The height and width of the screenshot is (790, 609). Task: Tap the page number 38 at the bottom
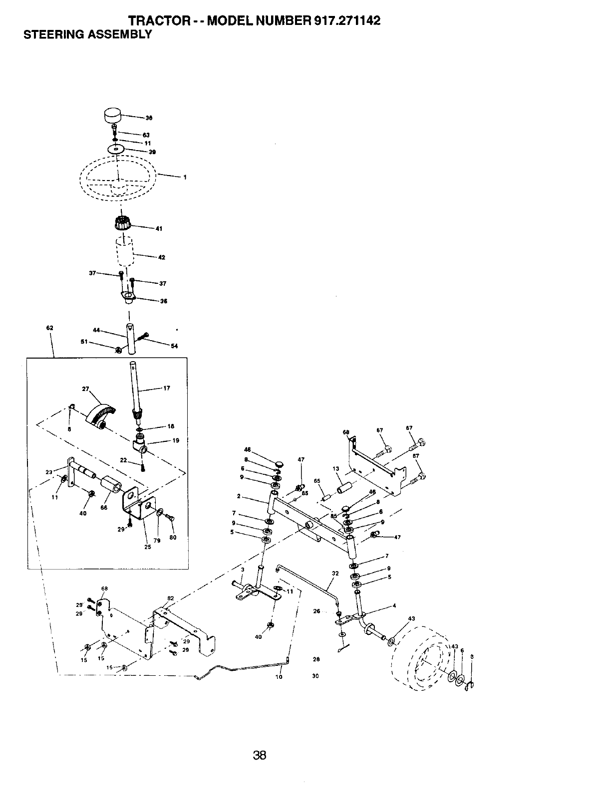point(260,756)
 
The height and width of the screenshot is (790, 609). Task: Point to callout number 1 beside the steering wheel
point(185,178)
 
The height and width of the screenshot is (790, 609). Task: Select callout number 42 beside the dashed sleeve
point(161,258)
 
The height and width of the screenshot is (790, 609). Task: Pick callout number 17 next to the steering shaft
point(166,389)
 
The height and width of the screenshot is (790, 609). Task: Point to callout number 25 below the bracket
point(148,547)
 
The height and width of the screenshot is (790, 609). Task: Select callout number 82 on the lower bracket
point(170,598)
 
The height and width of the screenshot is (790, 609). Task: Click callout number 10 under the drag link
point(279,677)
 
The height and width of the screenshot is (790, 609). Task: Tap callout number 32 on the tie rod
point(335,574)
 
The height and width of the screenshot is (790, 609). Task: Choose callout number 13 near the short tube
point(335,469)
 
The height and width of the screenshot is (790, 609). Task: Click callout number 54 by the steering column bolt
point(174,346)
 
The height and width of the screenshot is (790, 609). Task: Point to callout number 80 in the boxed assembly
point(173,538)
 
